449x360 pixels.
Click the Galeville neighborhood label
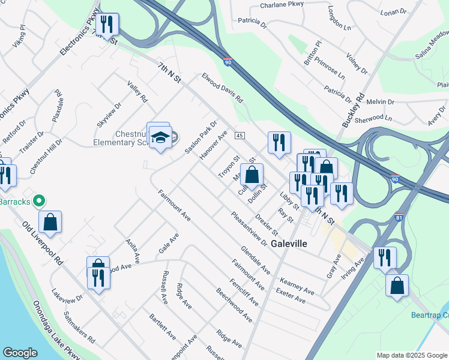(289, 244)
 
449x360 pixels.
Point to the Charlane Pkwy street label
(282, 5)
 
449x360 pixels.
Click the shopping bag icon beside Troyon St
(253, 175)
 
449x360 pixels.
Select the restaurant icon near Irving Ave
(384, 257)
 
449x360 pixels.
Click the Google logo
(20, 353)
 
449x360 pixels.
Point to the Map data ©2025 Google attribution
(411, 355)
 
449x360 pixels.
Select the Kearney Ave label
(297, 286)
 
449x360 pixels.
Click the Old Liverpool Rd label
(43, 244)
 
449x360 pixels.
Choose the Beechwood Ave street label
(234, 301)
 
